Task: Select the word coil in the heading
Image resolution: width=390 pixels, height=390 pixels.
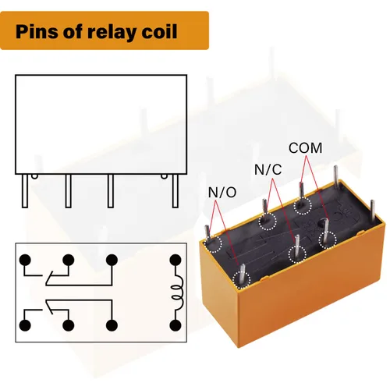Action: click(x=159, y=31)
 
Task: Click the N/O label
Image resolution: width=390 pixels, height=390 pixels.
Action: click(x=222, y=193)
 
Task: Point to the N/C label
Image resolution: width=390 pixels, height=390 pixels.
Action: click(x=268, y=169)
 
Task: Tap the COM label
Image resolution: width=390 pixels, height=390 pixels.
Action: click(x=305, y=148)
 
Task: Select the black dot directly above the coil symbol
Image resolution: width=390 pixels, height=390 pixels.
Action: click(x=175, y=260)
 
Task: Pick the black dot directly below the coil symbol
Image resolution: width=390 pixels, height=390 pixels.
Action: click(x=175, y=325)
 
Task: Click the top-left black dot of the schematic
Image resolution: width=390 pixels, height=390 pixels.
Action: click(x=25, y=260)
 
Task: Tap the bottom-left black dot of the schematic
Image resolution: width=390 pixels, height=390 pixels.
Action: click(x=25, y=325)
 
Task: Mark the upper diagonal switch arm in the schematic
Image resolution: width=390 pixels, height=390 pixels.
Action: click(x=49, y=278)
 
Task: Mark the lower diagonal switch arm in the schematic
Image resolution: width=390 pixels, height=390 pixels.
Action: click(x=49, y=307)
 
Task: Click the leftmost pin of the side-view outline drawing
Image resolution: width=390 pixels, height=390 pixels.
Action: click(x=25, y=191)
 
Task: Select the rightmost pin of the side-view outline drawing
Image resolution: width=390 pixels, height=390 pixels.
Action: click(x=175, y=191)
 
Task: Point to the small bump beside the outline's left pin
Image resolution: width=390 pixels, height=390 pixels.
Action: click(x=34, y=176)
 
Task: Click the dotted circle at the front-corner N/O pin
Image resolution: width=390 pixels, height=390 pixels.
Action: click(x=242, y=280)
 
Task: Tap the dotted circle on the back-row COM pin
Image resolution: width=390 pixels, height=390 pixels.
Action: click(x=303, y=206)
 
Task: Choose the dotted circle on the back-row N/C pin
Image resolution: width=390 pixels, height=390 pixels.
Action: click(x=268, y=222)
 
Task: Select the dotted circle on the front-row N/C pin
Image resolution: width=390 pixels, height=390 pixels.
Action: click(x=297, y=253)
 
